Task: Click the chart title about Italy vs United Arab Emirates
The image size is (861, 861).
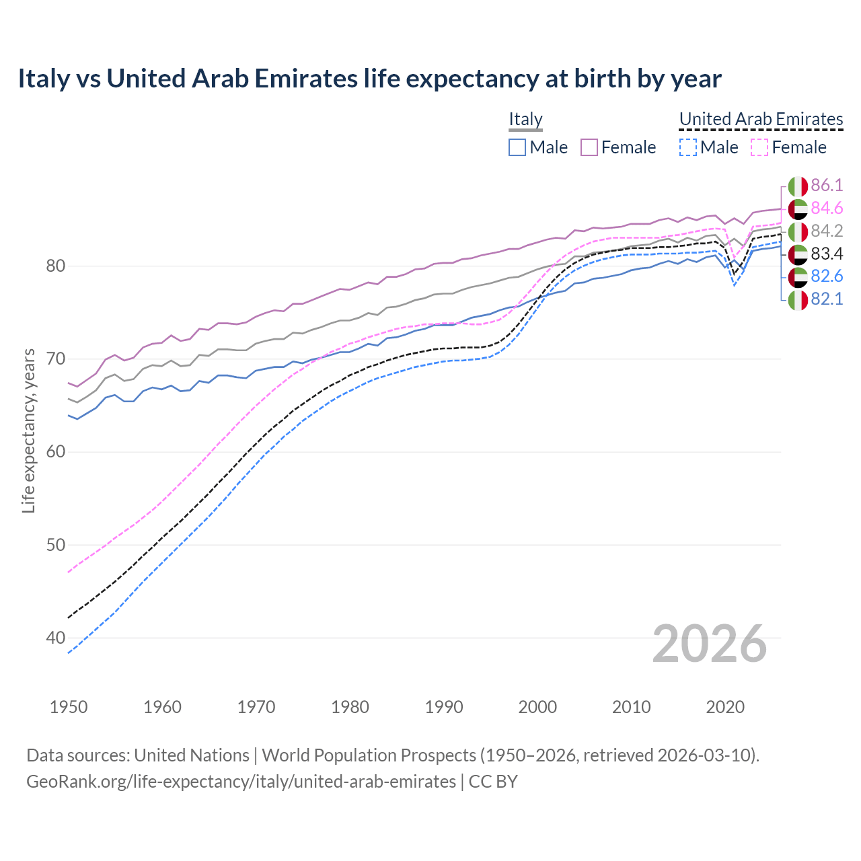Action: (369, 79)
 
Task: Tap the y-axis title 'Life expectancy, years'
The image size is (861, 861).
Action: (28, 430)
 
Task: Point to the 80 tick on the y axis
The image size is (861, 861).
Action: (55, 266)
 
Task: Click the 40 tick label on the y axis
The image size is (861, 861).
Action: (55, 638)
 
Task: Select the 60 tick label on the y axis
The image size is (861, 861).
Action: (55, 451)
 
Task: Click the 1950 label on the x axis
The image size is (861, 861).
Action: (69, 707)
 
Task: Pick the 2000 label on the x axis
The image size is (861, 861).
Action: (537, 707)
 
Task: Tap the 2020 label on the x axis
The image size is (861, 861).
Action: (725, 707)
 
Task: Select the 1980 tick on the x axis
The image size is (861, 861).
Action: (350, 707)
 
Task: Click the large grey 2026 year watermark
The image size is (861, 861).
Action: (709, 644)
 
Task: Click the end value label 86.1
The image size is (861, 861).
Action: (827, 186)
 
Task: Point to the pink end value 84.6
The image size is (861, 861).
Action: (827, 209)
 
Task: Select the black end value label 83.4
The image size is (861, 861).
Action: (827, 254)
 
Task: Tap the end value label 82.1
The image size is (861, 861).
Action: (827, 299)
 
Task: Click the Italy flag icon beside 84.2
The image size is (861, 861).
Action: (798, 231)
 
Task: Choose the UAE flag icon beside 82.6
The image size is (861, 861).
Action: (798, 276)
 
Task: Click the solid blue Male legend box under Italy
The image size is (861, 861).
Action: (517, 147)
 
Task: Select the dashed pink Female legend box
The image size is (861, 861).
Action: (759, 147)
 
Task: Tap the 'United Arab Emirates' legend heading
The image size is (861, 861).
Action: (761, 119)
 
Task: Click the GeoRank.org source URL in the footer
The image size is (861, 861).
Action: (241, 782)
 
